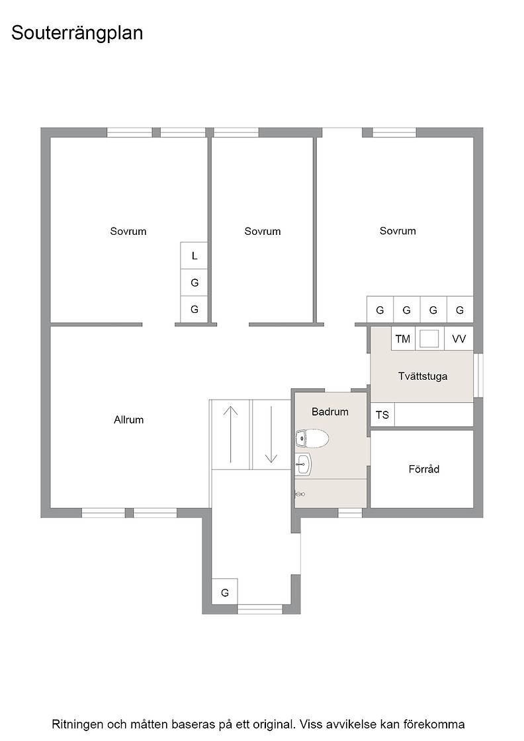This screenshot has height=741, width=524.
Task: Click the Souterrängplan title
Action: pyautogui.click(x=77, y=34)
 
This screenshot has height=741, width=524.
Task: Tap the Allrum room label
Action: pyautogui.click(x=128, y=419)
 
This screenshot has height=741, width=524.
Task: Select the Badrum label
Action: pyautogui.click(x=329, y=412)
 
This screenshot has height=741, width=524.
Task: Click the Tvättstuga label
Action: pyautogui.click(x=422, y=376)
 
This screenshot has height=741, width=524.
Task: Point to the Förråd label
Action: pyautogui.click(x=424, y=469)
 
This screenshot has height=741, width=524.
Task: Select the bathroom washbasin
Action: pyautogui.click(x=303, y=464)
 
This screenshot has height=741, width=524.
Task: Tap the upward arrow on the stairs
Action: pyautogui.click(x=230, y=434)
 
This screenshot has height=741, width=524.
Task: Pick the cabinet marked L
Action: pyautogui.click(x=195, y=255)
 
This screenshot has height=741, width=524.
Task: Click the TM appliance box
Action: pyautogui.click(x=403, y=339)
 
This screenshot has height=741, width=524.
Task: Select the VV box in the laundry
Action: pyautogui.click(x=459, y=339)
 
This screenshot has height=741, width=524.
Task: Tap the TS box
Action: pyautogui.click(x=382, y=415)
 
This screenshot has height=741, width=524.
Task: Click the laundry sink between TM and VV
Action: pyautogui.click(x=430, y=339)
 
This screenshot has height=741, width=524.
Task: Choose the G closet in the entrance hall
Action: pyautogui.click(x=225, y=592)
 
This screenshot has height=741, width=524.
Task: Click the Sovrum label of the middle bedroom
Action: pyautogui.click(x=262, y=231)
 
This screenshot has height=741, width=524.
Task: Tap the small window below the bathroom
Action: pyautogui.click(x=350, y=513)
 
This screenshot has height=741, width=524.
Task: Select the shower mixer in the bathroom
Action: pyautogui.click(x=300, y=494)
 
